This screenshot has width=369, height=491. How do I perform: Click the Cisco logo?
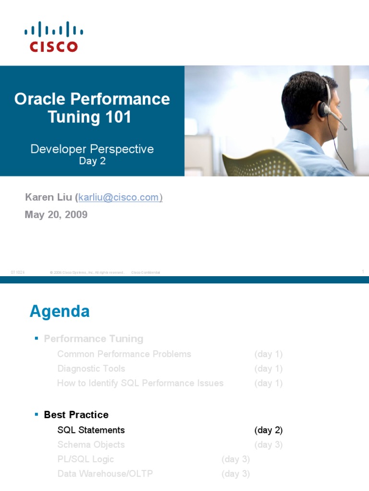[x=53, y=36]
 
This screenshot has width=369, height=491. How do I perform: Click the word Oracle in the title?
[x=40, y=99]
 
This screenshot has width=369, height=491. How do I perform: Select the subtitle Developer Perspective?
[x=92, y=149]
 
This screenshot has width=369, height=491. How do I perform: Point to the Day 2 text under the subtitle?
[x=92, y=162]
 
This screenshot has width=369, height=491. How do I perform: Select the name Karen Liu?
[x=48, y=198]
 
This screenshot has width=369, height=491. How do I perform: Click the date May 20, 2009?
[x=56, y=215]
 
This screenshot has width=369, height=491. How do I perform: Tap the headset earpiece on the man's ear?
[x=322, y=110]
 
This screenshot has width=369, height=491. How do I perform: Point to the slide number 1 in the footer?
[x=363, y=272]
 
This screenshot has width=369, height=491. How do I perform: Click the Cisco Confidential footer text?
[x=146, y=272]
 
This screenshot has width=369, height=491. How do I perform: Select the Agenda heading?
[x=60, y=312]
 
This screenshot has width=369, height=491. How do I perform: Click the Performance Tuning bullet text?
[x=93, y=339]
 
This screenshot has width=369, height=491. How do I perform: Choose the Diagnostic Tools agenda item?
[x=91, y=369]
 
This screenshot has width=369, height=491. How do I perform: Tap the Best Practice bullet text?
[x=76, y=415]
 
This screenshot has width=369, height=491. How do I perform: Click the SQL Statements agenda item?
[x=91, y=430]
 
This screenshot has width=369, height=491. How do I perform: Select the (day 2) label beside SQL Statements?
[x=268, y=430]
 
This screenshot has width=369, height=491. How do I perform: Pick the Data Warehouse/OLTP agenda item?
[x=105, y=474]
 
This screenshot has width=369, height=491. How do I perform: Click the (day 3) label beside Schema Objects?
[x=268, y=445]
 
